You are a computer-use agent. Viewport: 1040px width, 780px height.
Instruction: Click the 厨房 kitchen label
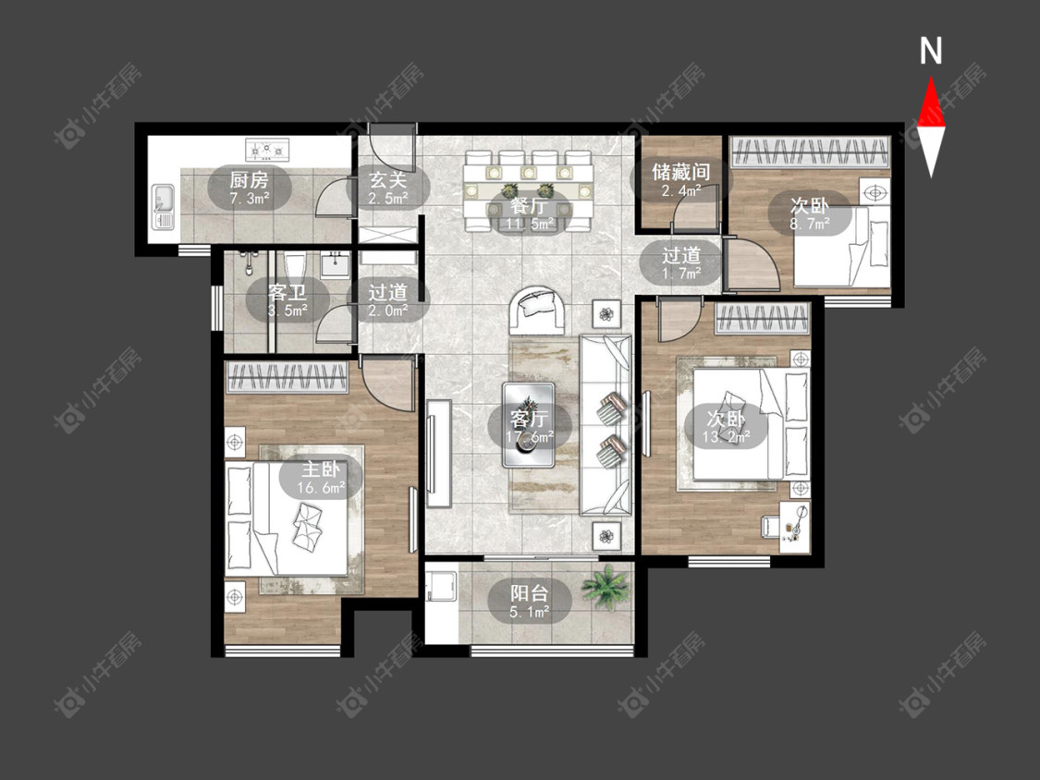(x=250, y=179)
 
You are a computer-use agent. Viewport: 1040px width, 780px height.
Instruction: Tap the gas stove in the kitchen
(x=268, y=151)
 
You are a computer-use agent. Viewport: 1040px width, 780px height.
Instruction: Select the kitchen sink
(x=163, y=206)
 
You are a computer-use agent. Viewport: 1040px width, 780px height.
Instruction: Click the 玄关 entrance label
(x=388, y=179)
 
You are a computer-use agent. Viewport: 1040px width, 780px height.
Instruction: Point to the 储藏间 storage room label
(x=681, y=172)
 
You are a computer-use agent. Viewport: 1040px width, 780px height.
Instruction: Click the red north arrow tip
(x=931, y=78)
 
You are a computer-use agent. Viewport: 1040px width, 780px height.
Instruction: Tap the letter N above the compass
(x=931, y=51)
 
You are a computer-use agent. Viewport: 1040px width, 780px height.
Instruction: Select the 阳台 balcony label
(x=530, y=593)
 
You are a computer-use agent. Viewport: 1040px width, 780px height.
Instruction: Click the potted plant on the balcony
(x=606, y=586)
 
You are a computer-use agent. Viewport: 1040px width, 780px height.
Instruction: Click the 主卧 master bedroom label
(x=321, y=469)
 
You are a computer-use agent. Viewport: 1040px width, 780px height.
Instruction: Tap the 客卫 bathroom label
(x=288, y=292)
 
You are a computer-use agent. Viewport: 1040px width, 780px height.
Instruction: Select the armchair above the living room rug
(x=538, y=310)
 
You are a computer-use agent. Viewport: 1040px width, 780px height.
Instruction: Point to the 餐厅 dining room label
(x=529, y=206)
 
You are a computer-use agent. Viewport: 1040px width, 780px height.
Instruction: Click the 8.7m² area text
(x=810, y=225)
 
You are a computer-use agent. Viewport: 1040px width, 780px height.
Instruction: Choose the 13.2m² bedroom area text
(x=727, y=436)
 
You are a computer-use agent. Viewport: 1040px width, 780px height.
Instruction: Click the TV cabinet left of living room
(x=438, y=454)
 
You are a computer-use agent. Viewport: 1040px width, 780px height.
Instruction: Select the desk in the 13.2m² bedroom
(x=795, y=527)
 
